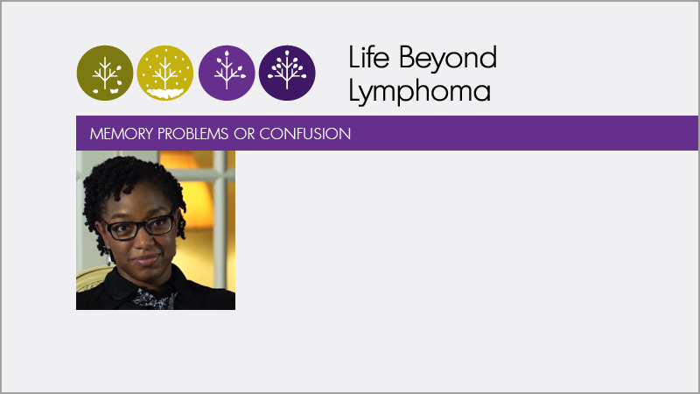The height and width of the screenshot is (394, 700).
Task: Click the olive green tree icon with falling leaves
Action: coord(105,73)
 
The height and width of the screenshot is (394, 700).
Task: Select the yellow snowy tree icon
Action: coord(165,73)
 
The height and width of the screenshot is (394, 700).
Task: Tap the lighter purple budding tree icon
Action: coord(227,73)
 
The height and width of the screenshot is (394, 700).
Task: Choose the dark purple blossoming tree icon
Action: coord(287,73)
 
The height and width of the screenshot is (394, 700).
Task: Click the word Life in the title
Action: coord(368,57)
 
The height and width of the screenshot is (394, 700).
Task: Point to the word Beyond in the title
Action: coord(448,59)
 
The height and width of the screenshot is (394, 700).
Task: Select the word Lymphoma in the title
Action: coord(420,92)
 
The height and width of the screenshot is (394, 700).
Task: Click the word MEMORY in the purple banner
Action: coord(122,134)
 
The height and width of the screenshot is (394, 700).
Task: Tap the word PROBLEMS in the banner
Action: coord(192,134)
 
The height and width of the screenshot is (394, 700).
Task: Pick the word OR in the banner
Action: coord(244,134)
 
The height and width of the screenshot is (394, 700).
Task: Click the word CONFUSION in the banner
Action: coord(304,134)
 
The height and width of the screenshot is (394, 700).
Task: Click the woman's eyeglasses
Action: coord(138,227)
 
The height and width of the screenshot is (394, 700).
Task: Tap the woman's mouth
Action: coord(145,258)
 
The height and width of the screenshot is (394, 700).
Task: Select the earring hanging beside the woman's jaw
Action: coord(108,257)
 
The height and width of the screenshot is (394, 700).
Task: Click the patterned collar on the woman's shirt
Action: coord(154,299)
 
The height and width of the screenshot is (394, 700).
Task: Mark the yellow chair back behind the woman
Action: coord(91,280)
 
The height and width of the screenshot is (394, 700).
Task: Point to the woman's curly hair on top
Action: coord(130,173)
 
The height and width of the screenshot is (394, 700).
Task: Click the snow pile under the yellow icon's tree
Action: coord(165,94)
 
